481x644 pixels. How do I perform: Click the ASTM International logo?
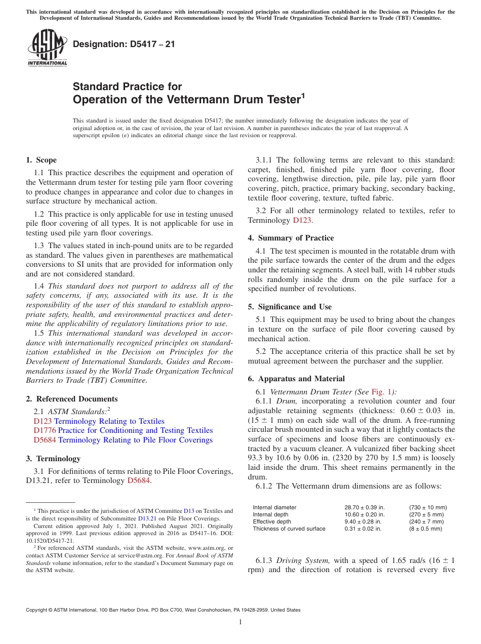point(47,48)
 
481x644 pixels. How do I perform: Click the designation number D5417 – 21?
point(124,44)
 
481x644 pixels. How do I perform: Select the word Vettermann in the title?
point(201,100)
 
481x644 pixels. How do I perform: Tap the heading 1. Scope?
point(41,160)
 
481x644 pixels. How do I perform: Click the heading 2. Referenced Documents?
point(72,399)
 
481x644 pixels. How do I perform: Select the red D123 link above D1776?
point(43,421)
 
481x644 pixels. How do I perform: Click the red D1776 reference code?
point(45,430)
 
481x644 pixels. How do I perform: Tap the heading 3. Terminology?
point(53,459)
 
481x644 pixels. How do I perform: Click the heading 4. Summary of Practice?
point(291,238)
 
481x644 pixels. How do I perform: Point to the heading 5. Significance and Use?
point(290,307)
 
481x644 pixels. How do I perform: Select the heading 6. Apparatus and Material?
point(296,379)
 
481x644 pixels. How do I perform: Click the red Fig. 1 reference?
point(381,391)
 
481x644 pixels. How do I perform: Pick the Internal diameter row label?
point(274,507)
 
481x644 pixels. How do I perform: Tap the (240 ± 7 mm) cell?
point(426,521)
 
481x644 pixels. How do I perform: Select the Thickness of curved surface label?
point(289,529)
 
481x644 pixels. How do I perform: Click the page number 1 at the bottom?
point(240,622)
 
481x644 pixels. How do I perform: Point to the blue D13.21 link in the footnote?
point(146,518)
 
